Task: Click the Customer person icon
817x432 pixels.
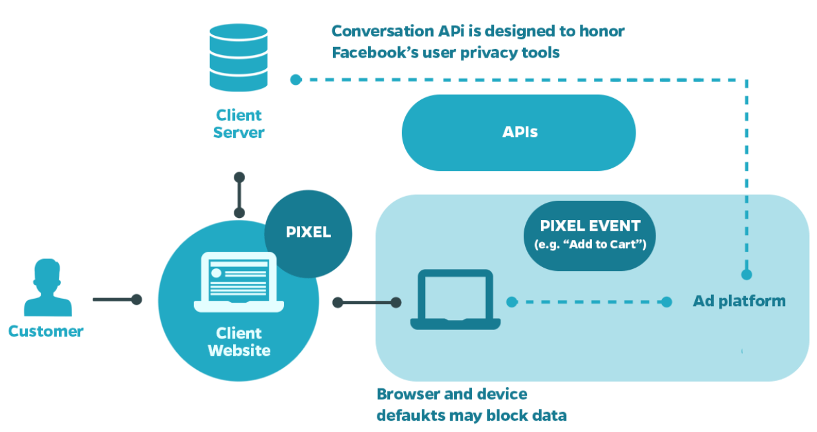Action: [x=48, y=288]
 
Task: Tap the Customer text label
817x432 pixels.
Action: [x=46, y=331]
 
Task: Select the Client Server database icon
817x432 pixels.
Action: [x=238, y=57]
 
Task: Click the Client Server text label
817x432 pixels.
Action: [x=239, y=124]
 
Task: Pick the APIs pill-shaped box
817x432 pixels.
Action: [x=518, y=133]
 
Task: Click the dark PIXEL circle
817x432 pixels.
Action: [x=309, y=234]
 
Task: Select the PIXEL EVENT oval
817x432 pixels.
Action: [x=590, y=236]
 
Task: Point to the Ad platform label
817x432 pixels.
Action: [x=740, y=301]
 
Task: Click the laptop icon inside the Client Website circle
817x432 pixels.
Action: [x=239, y=282]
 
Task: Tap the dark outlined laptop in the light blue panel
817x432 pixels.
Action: [x=456, y=299]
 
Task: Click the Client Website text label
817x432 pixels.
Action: [x=239, y=342]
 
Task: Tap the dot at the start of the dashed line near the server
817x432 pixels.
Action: [x=296, y=80]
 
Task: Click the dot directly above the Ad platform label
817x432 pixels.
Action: [x=747, y=275]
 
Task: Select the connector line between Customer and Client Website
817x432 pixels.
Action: [x=117, y=299]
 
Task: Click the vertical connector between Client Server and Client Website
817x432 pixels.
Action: [x=239, y=195]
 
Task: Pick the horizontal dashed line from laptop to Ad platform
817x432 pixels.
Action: [x=589, y=302]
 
